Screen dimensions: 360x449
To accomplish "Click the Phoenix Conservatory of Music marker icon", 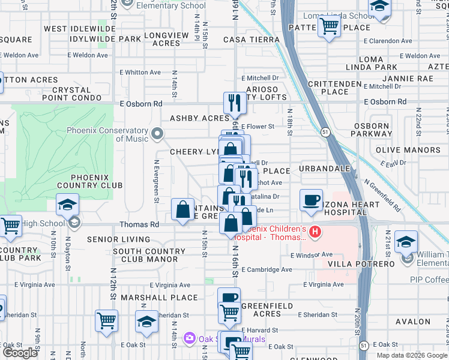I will [x=157, y=134].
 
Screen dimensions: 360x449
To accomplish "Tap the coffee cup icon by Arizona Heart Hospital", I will [x=311, y=200].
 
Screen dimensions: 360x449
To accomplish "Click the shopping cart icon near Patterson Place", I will [x=329, y=26].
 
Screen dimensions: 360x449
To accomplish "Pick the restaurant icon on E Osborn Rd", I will [x=234, y=103].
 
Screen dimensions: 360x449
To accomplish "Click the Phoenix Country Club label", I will [x=96, y=181].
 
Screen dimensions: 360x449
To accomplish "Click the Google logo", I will [x=20, y=353].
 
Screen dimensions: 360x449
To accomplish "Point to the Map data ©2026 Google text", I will [x=411, y=355].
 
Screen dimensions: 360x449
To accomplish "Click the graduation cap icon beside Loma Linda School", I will [x=379, y=8].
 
